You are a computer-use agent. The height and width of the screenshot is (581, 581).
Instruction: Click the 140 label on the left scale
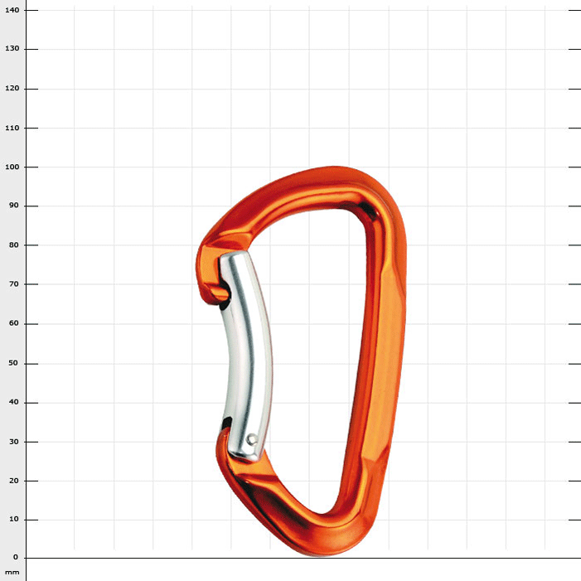pos(11,10)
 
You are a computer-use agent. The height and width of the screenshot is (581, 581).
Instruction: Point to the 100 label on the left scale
pos(11,167)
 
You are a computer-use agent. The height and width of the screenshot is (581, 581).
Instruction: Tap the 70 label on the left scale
pos(12,284)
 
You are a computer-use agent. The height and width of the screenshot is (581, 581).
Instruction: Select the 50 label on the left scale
pos(12,363)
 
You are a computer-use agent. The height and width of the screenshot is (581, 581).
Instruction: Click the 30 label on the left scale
pos(12,442)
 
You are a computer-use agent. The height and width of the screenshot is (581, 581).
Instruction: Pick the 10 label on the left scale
pos(12,520)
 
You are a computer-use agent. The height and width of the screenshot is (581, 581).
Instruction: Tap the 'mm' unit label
pos(12,572)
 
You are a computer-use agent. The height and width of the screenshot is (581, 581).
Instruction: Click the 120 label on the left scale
pos(11,89)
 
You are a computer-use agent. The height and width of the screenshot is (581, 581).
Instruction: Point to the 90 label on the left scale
pos(12,206)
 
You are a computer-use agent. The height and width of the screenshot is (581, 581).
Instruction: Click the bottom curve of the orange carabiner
pos(323,539)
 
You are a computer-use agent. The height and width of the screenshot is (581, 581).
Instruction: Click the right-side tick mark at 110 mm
pos(574,128)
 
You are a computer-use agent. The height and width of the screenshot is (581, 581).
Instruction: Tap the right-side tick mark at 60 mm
pos(574,324)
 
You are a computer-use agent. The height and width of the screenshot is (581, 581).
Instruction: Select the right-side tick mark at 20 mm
pos(574,481)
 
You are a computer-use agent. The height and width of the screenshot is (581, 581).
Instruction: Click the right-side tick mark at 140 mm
pos(574,10)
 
